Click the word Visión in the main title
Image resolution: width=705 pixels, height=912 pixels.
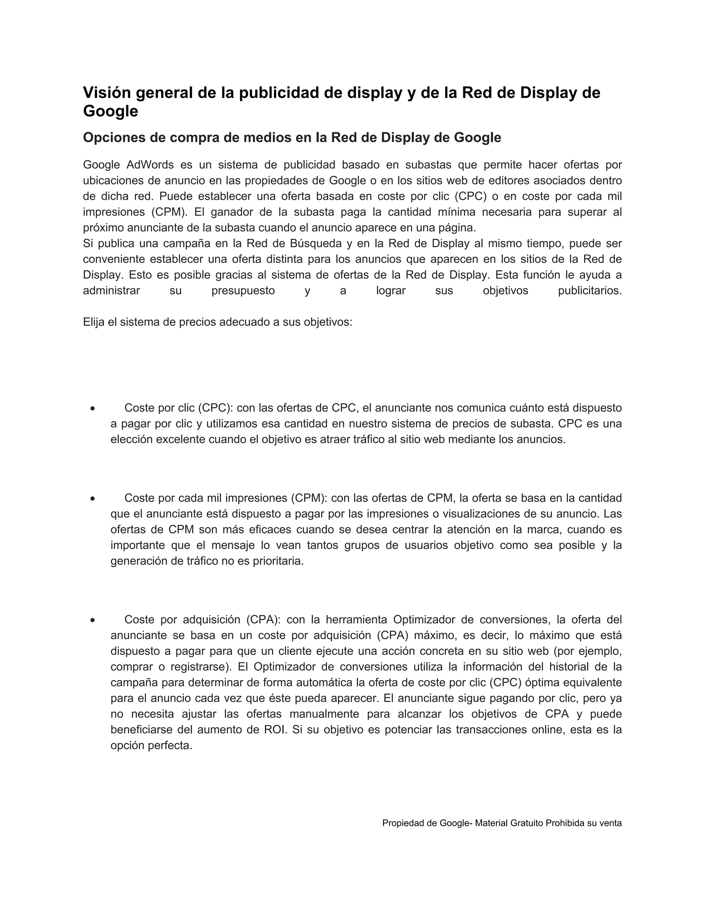[x=107, y=93]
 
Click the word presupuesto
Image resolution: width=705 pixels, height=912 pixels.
[x=243, y=291]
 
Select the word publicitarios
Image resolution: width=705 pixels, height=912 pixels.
[x=590, y=291]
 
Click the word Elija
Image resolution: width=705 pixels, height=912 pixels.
[x=93, y=322]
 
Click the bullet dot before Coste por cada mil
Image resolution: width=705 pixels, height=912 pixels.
[x=92, y=499]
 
